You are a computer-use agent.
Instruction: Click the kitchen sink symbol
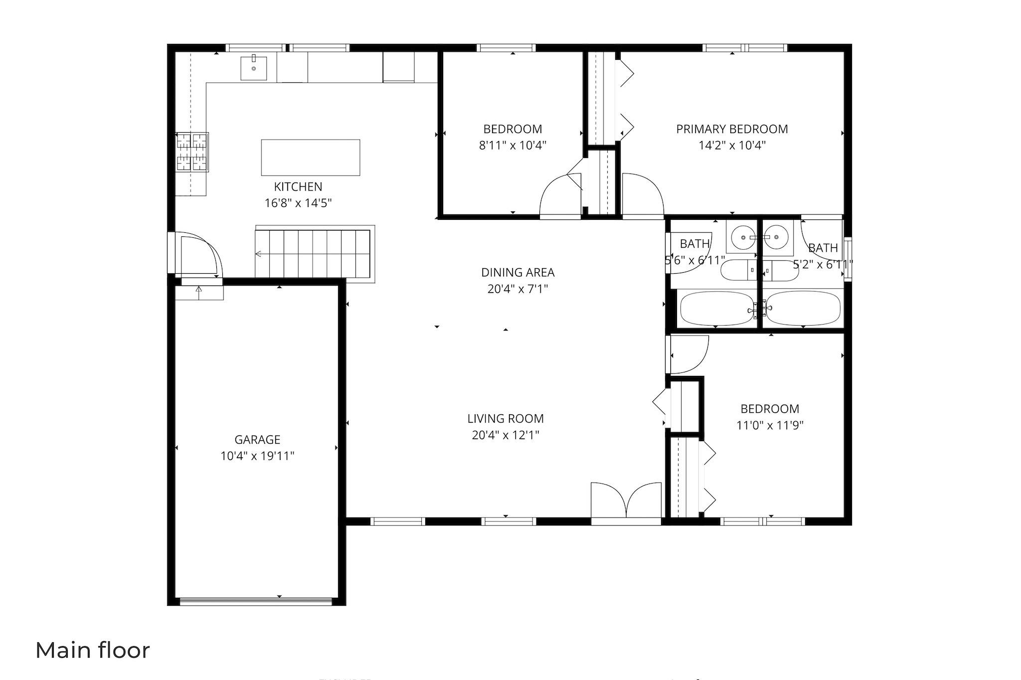click(x=253, y=68)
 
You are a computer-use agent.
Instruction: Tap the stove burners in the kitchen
click(x=192, y=152)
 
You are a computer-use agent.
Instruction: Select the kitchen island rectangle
click(x=310, y=158)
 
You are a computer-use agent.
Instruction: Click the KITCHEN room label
click(x=298, y=187)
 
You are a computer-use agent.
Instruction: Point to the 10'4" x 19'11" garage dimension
click(x=257, y=456)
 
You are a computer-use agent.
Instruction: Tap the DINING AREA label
click(x=517, y=273)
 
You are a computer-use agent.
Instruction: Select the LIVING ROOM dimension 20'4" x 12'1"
click(x=506, y=435)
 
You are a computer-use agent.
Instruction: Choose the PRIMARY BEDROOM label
click(x=732, y=129)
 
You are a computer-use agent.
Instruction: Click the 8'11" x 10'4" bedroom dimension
click(x=512, y=146)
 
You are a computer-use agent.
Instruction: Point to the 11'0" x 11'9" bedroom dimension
click(x=770, y=425)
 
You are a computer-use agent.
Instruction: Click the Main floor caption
click(x=93, y=651)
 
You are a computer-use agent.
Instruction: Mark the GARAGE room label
click(x=257, y=440)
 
